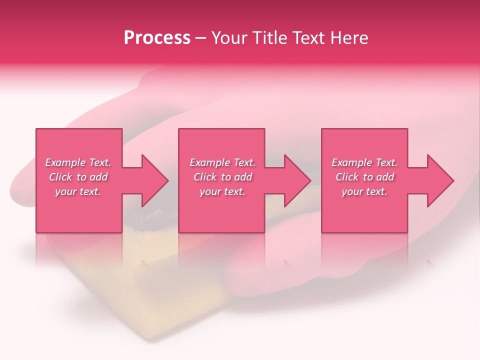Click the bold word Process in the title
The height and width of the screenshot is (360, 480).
click(157, 38)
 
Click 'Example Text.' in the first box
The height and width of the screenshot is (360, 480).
click(78, 162)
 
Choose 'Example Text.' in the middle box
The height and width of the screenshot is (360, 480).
click(222, 162)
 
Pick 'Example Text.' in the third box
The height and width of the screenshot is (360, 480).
click(364, 162)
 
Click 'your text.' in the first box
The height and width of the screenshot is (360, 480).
click(78, 191)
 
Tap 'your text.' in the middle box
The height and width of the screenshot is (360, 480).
click(222, 191)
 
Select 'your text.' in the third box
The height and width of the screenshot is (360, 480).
click(364, 191)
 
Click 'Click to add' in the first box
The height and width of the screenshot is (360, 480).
click(78, 177)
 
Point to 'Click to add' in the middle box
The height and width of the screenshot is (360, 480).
click(222, 177)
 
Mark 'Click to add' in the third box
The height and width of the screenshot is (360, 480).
click(364, 177)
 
